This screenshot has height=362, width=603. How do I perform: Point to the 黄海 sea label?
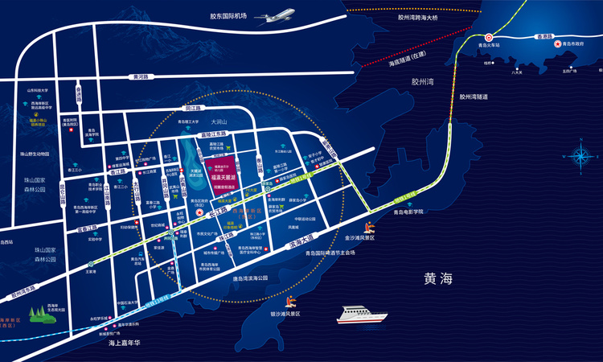[x=438, y=279]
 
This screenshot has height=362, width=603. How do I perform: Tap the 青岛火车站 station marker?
[x=488, y=36]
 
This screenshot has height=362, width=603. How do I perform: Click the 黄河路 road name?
[x=142, y=77]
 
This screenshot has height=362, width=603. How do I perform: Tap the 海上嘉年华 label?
[x=124, y=343]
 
